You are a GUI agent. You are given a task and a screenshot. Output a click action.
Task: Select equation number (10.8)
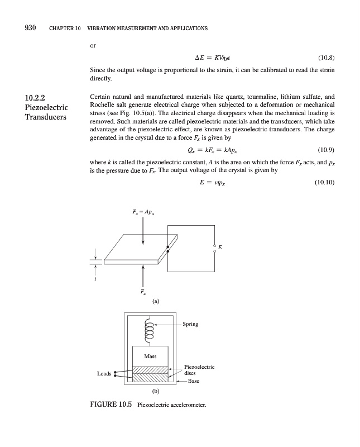[x=326, y=57]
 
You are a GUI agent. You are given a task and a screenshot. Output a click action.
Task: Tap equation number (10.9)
[x=326, y=150]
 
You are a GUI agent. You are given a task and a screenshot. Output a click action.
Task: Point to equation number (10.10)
[x=324, y=180]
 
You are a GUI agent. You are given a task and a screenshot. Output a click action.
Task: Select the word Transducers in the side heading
[x=46, y=117]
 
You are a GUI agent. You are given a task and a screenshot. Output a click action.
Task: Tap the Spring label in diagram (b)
[x=190, y=324]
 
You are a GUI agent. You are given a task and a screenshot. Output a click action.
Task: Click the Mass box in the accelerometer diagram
[x=150, y=356]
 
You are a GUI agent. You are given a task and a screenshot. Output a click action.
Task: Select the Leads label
[x=104, y=374]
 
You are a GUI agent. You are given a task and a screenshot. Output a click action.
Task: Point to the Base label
[x=193, y=381]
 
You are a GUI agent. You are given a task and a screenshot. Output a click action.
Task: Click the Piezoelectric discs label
[x=199, y=370]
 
